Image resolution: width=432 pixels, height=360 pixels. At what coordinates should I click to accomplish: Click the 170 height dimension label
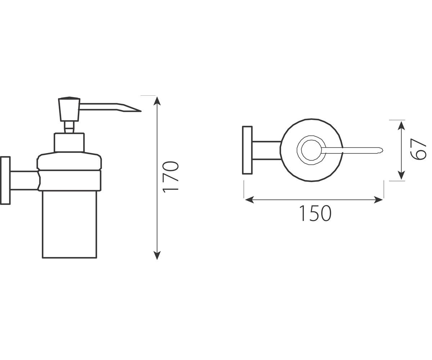[x=171, y=177]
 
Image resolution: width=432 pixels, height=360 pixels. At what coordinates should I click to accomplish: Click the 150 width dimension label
[x=315, y=213]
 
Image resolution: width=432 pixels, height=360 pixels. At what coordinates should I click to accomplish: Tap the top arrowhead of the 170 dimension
[x=157, y=101]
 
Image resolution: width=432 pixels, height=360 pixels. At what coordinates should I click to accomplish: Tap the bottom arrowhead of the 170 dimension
[x=157, y=255]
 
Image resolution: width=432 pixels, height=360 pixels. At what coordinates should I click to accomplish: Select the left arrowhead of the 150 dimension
[x=249, y=200]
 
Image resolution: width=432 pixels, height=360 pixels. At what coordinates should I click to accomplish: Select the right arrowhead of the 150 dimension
[x=378, y=200]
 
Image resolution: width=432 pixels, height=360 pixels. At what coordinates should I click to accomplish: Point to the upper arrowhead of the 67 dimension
[x=401, y=126]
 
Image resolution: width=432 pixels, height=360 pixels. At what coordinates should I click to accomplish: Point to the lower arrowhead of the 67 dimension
[x=401, y=175]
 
